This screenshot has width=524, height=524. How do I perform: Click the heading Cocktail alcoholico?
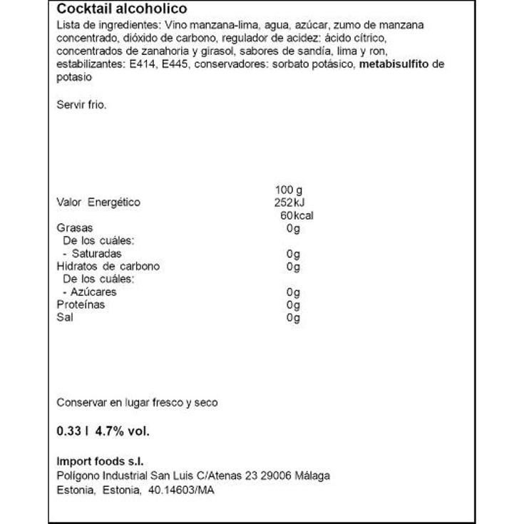point(122,9)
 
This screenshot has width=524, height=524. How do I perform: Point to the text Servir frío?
point(81,104)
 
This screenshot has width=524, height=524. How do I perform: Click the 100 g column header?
point(288,190)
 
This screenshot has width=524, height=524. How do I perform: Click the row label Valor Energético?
point(98,202)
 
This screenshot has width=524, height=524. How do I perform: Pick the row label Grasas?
point(74,228)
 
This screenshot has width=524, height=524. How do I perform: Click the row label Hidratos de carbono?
point(108,267)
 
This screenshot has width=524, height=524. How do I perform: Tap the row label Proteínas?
point(81,305)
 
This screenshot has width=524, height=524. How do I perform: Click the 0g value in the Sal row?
point(292,318)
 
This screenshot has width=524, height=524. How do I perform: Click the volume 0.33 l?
point(72,431)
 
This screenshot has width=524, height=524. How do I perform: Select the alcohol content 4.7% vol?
point(123,431)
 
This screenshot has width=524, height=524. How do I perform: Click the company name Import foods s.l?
point(105,462)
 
